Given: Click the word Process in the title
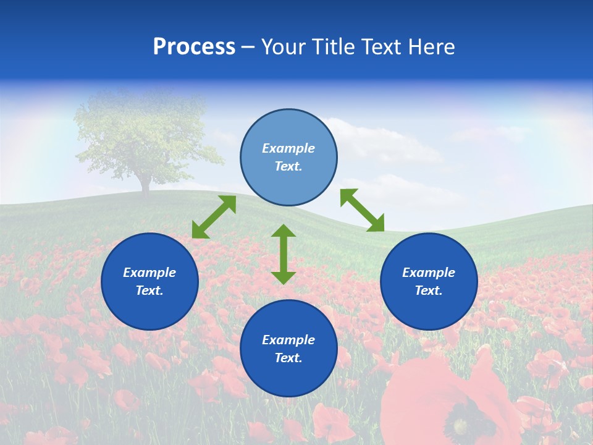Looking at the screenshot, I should [194, 47].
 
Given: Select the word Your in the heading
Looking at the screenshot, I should [282, 47].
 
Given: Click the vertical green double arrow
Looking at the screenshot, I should [284, 254].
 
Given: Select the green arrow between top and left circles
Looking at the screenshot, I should [214, 217].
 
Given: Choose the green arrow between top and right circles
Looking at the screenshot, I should [362, 210].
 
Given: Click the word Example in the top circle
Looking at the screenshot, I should [288, 148].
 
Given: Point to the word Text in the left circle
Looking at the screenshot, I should [149, 290].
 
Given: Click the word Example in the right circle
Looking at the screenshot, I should [429, 273].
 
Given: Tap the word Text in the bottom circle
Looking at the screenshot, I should [288, 358].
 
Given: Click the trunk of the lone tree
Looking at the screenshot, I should [145, 184].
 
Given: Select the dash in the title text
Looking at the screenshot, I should [248, 47].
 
